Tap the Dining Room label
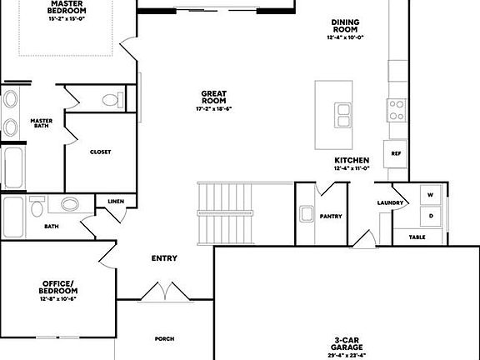tap(347, 27)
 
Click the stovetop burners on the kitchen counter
tap(395, 108)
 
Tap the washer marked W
tap(432, 195)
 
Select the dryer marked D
tap(432, 216)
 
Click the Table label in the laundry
tap(418, 237)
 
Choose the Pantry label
tap(331, 216)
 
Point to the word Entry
tap(164, 258)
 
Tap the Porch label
tap(164, 338)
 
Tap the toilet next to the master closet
tap(110, 101)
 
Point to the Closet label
tap(101, 152)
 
